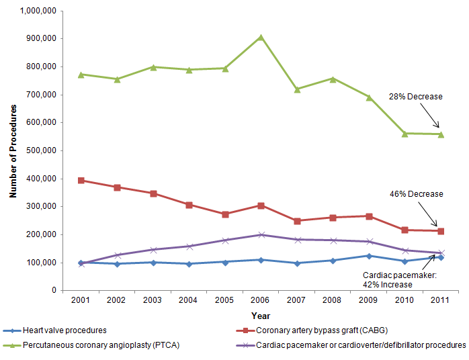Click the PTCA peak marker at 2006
[261, 38]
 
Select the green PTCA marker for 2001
[81, 75]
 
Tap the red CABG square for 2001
[81, 180]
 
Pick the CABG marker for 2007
[297, 220]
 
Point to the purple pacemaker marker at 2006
[261, 234]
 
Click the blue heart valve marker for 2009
[369, 256]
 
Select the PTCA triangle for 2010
[404, 134]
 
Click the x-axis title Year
[261, 315]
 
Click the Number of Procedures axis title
[13, 150]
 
